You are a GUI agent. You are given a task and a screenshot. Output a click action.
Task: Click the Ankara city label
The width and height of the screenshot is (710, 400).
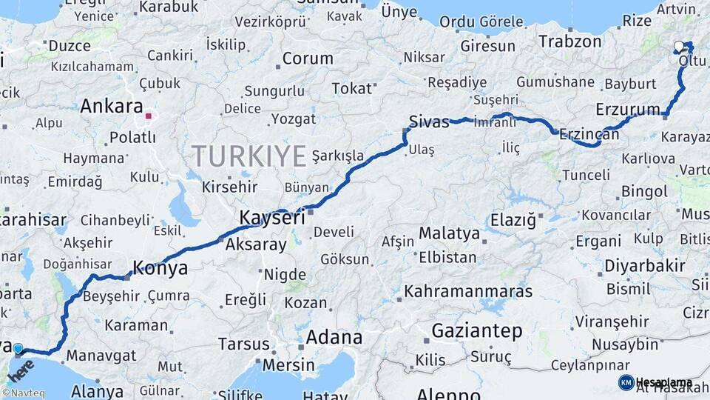[x=111, y=106]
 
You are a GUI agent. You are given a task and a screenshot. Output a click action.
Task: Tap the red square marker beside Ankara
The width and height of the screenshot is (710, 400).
[x=149, y=116]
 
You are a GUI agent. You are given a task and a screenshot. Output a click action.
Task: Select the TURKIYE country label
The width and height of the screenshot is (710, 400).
[x=248, y=156]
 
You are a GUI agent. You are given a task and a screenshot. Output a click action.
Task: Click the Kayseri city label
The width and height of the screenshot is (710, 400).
[x=271, y=218]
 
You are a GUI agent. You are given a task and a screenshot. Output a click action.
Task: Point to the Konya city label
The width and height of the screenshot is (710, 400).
[x=160, y=268]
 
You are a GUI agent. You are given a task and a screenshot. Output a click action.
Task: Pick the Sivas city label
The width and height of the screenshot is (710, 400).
[x=429, y=121]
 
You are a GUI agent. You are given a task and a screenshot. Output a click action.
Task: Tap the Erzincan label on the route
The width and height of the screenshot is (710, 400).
[x=589, y=134]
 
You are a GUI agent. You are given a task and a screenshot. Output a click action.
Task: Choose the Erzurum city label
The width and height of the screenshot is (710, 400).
[x=627, y=110]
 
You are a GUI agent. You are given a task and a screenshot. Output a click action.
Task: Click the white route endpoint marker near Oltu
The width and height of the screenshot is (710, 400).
[x=679, y=47]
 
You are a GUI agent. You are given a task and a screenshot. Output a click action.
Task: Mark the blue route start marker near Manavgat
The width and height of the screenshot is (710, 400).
[x=18, y=348]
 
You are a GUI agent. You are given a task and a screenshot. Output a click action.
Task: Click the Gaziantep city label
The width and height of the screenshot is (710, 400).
[x=476, y=330]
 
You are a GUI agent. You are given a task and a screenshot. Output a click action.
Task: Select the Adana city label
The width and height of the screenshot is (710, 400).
[x=334, y=338]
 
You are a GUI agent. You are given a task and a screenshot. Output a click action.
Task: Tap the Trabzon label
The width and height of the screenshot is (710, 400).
[x=569, y=41]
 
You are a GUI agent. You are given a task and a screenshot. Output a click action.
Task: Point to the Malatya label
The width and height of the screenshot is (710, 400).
[x=449, y=233]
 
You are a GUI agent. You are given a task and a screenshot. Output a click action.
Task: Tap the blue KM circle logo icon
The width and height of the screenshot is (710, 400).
[x=626, y=382]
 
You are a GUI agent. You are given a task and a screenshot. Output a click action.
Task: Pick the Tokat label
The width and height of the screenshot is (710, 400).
[x=351, y=88]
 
